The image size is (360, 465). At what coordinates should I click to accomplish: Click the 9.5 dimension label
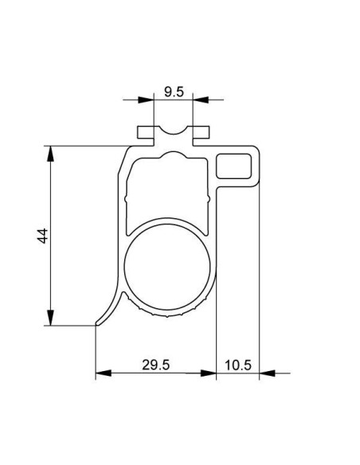pyautogui.click(x=174, y=92)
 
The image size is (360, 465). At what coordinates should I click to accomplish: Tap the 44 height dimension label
pyautogui.click(x=43, y=236)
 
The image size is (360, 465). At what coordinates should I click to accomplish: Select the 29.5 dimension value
pyautogui.click(x=155, y=365)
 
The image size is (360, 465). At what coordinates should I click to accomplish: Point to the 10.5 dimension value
pyautogui.click(x=238, y=365)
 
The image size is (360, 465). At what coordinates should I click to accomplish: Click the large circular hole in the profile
pyautogui.click(x=167, y=266)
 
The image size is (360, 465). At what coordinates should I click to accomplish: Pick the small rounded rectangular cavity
pyautogui.click(x=233, y=166)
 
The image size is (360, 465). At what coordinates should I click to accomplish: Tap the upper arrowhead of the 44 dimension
pyautogui.click(x=51, y=154)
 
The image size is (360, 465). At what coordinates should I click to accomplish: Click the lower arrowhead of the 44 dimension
pyautogui.click(x=51, y=318)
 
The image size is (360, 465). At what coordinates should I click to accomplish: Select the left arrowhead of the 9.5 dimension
pyautogui.click(x=146, y=100)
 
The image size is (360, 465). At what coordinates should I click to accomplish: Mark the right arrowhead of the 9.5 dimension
pyautogui.click(x=201, y=100)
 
